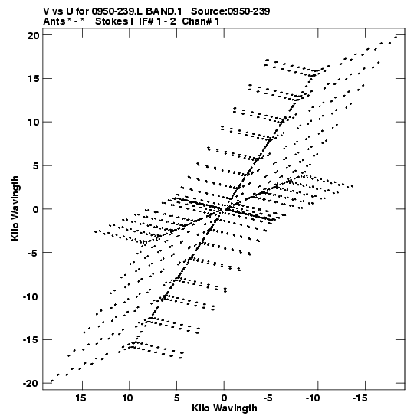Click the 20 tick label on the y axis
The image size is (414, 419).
[33, 35]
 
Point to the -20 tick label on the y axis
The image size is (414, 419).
[31, 384]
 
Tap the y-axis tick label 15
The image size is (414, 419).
[33, 79]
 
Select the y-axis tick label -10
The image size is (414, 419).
[31, 296]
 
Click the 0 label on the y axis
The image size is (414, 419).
[36, 209]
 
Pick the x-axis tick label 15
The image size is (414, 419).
[80, 398]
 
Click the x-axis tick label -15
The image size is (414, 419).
[361, 398]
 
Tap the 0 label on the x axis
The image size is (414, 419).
[224, 398]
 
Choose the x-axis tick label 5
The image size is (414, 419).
[176, 398]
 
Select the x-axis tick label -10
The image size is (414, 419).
[314, 398]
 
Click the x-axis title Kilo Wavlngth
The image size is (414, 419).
[225, 408]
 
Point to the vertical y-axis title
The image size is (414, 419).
[15, 208]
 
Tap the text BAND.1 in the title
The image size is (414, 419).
[164, 11]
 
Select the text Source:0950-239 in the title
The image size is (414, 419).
[231, 11]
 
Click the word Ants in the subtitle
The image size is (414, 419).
[54, 21]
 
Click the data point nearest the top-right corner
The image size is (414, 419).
[396, 37]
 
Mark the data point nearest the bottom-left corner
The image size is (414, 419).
[52, 381]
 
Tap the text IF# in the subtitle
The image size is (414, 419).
[146, 21]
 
